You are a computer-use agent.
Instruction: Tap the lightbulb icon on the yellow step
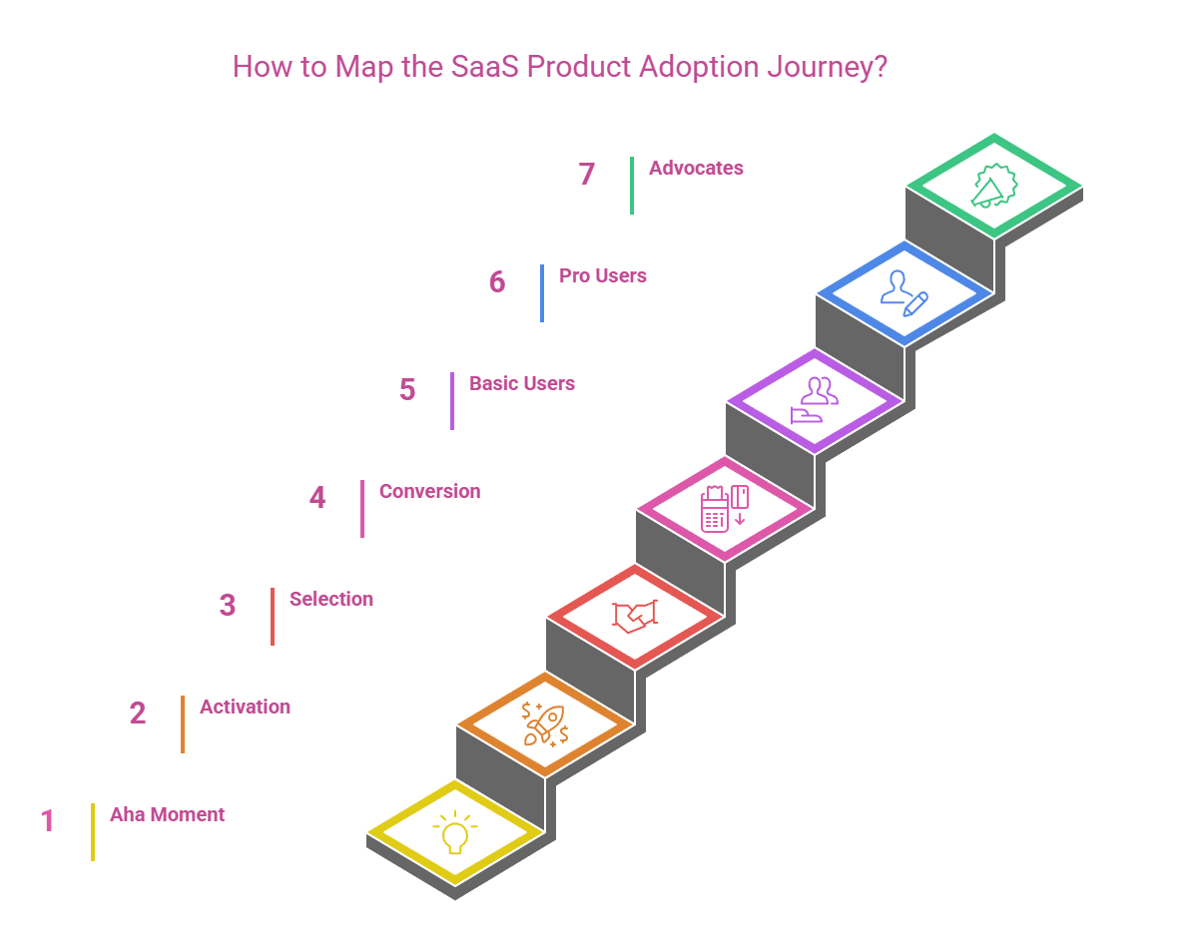(455, 832)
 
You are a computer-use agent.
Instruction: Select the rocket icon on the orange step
(545, 723)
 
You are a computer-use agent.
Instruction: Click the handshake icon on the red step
(635, 616)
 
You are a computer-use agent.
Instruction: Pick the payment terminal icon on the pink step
(725, 508)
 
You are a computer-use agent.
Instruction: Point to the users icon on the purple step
(815, 400)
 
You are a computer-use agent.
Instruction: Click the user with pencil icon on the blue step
(904, 292)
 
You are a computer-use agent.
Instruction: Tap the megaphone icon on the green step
(993, 186)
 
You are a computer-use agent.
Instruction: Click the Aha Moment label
(167, 815)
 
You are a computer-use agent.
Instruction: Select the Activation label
(245, 708)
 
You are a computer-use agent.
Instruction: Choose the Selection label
(331, 600)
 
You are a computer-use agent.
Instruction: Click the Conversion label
(429, 492)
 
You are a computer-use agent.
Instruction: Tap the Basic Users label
(522, 384)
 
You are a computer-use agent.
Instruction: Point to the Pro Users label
(602, 276)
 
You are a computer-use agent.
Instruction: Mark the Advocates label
(696, 169)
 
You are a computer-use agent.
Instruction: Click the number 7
(587, 175)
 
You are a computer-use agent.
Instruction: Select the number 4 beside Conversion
(317, 498)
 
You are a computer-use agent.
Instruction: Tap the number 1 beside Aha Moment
(48, 821)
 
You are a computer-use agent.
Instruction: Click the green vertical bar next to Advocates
(632, 186)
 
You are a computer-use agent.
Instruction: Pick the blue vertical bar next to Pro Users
(542, 293)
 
